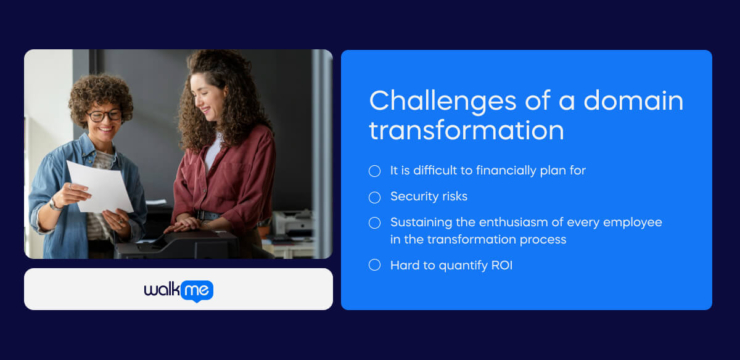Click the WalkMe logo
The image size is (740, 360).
[x=178, y=290]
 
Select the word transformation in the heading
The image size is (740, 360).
[x=466, y=131]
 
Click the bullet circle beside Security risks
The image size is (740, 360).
[x=375, y=197]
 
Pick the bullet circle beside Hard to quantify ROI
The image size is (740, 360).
[x=375, y=265]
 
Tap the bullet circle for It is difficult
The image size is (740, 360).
[x=375, y=171]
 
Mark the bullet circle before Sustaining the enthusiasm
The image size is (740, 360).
[x=375, y=223]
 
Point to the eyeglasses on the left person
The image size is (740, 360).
[x=104, y=116]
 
